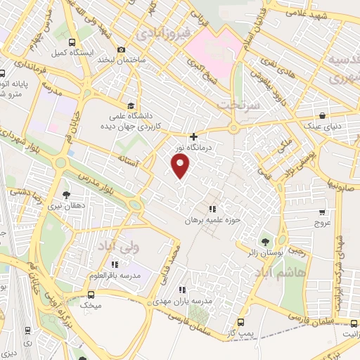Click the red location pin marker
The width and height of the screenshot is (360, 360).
pos(181,166)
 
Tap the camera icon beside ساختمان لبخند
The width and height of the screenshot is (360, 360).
pos(122,50)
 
